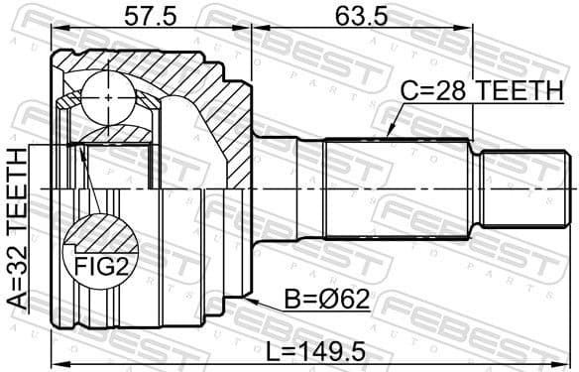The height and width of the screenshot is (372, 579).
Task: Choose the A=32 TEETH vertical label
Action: click(x=16, y=231)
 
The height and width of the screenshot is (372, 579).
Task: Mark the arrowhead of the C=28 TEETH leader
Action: click(x=389, y=133)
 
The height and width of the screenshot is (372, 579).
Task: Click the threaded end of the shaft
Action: click(x=524, y=187)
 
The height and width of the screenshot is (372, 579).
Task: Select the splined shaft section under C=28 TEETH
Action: click(x=397, y=187)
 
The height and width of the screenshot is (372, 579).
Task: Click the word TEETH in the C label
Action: click(x=513, y=90)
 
